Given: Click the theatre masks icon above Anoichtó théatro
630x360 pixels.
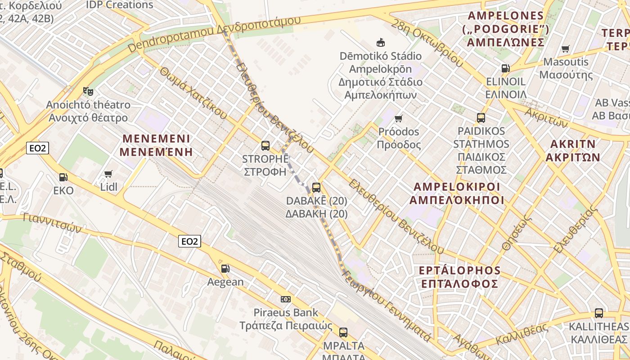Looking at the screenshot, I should pos(88,91).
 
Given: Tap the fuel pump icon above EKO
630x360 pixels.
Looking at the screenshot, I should pos(63,177).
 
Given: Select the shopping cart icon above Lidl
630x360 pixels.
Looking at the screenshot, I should pos(108,174).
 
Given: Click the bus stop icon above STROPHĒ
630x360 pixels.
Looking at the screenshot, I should pos(265,145).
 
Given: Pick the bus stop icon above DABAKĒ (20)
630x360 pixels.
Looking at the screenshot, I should pos(316,187).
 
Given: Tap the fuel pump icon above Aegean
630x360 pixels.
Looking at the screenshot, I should pos(225,269).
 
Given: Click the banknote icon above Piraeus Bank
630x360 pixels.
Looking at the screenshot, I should pos(285,299).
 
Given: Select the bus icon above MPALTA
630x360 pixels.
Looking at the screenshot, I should pos(343,333).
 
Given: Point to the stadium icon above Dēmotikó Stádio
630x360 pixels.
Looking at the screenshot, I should pos(381,42).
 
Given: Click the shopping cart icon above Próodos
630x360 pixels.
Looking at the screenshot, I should pos(398,118).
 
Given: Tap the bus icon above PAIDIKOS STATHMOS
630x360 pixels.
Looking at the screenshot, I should pos(481,118).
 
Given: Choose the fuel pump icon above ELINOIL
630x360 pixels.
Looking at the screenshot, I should pos(506,68).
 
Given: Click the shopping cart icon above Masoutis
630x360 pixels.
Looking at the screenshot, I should pos(566,49).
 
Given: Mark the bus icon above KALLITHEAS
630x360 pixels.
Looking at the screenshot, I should pos(598,313).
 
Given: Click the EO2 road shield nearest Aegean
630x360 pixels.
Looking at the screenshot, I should pos(189,241).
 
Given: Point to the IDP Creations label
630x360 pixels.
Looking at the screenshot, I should pos(120,5).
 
